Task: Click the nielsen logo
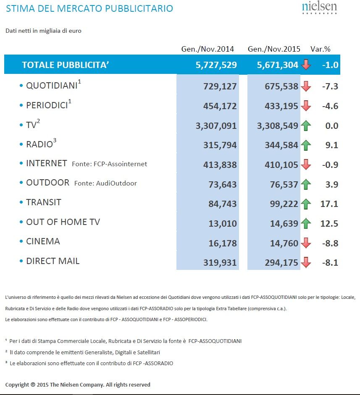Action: point(319,8)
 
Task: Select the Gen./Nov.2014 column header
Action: point(208,49)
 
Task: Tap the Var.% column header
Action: point(321,49)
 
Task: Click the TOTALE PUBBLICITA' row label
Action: point(66,65)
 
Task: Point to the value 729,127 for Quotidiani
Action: point(220,86)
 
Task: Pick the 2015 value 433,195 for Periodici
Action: point(281,106)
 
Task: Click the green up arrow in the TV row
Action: point(306,126)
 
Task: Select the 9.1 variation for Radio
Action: point(331,145)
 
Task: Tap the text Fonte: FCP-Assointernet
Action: point(109,164)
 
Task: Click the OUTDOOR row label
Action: point(47,183)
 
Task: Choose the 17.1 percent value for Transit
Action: point(329,204)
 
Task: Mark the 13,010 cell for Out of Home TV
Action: point(223,223)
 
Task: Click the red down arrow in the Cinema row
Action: point(306,243)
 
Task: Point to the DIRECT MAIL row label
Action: point(53,261)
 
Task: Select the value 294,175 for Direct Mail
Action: point(281,263)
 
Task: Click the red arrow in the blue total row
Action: point(306,65)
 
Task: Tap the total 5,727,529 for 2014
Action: point(216,65)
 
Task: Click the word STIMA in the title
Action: point(21,8)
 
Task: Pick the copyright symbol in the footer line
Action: point(33,385)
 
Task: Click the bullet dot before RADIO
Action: point(21,144)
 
